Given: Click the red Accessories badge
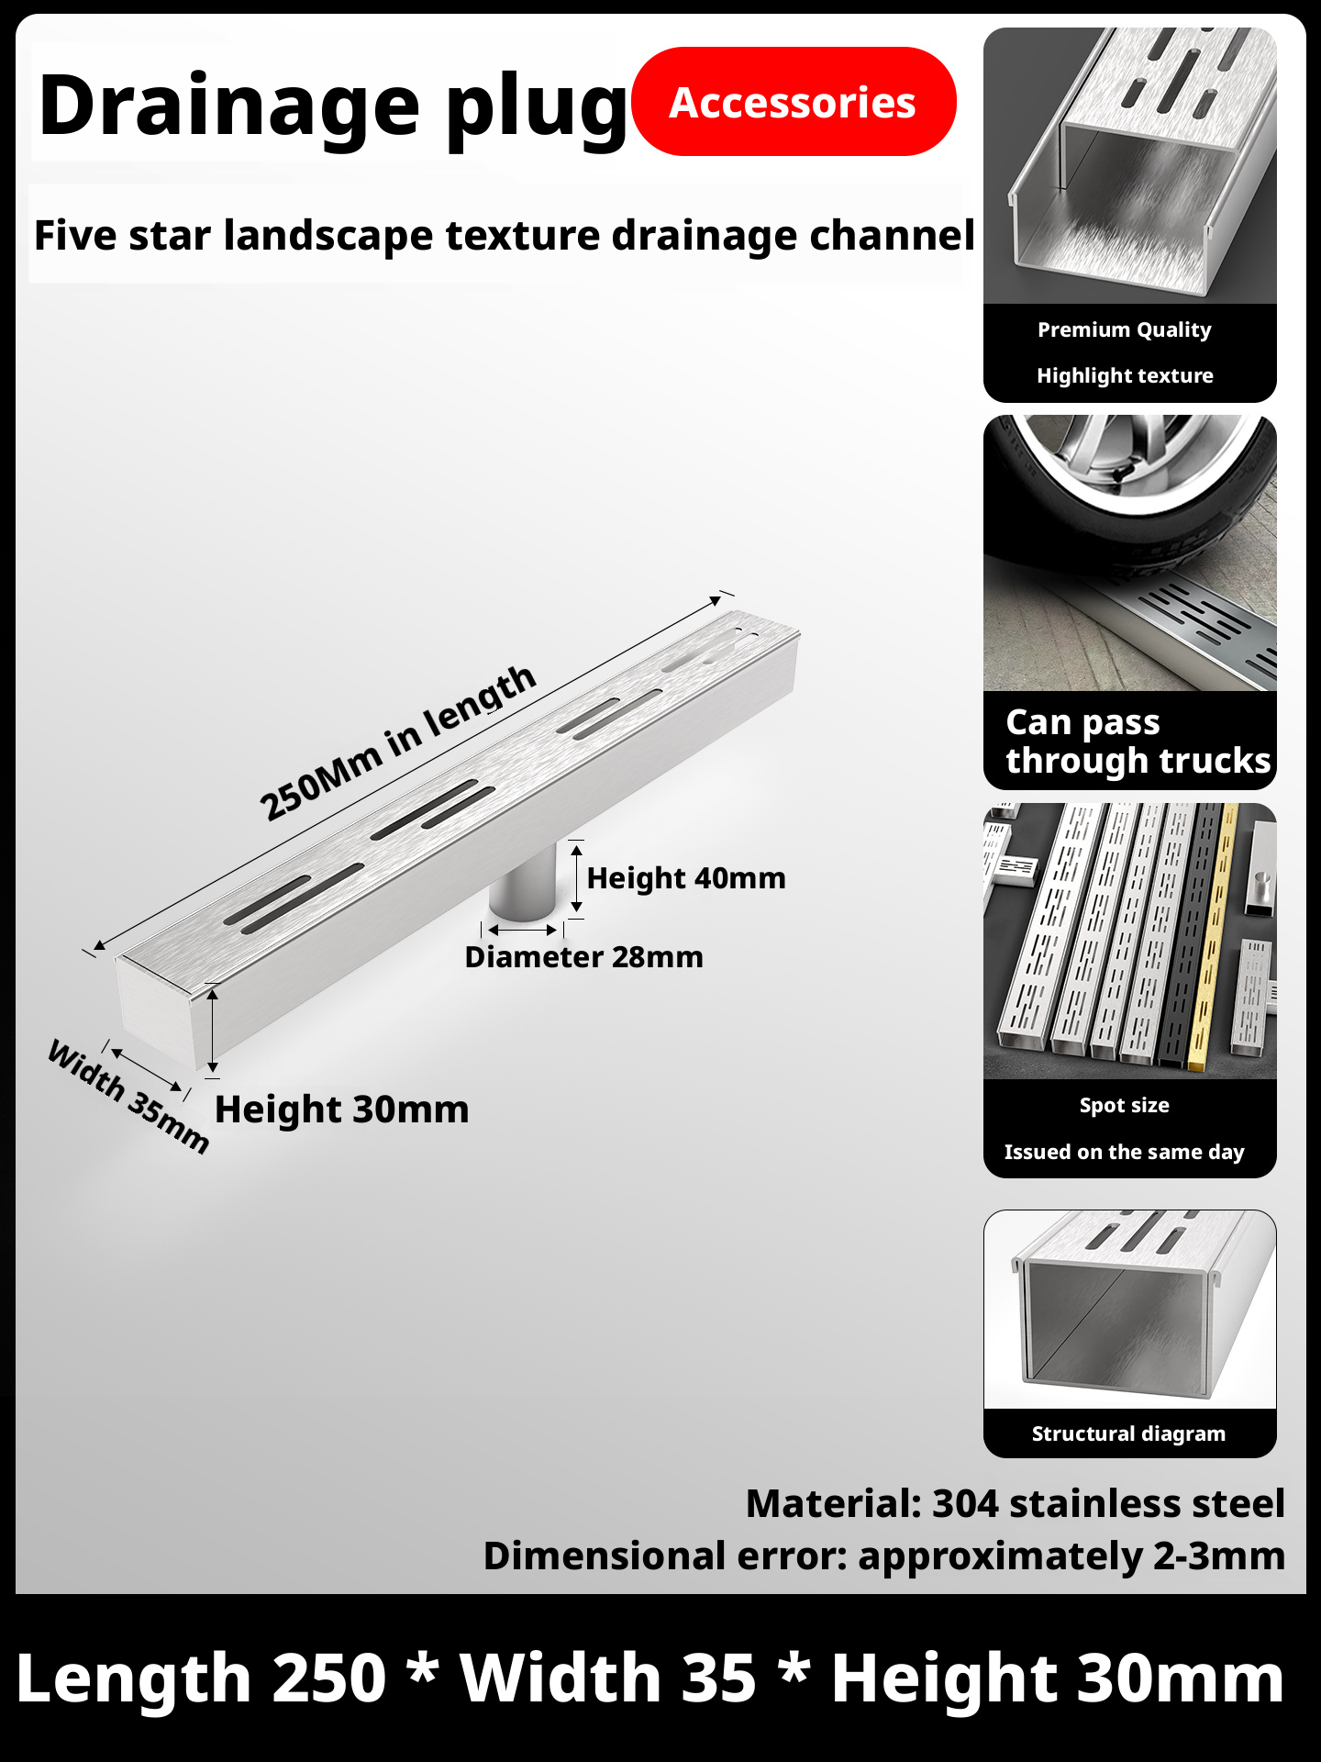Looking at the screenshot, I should pos(794,102).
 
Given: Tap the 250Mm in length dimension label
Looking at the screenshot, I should pos(396,742).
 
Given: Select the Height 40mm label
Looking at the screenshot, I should pos(686,878).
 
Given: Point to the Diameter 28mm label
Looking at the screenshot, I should pos(583,957).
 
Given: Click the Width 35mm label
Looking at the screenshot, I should pos(128,1096).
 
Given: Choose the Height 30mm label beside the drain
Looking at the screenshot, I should pos(341,1110).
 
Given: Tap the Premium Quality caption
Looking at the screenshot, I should pos(1124,329).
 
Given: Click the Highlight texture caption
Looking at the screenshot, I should pos(1125,375).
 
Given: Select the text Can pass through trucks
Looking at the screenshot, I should pos(1137,742).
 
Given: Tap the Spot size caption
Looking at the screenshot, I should pos(1124,1105).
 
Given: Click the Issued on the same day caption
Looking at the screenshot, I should pos(1124,1152).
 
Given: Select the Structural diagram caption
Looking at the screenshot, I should pos(1128,1433).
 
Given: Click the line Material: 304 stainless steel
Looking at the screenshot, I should pos(1015,1504).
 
